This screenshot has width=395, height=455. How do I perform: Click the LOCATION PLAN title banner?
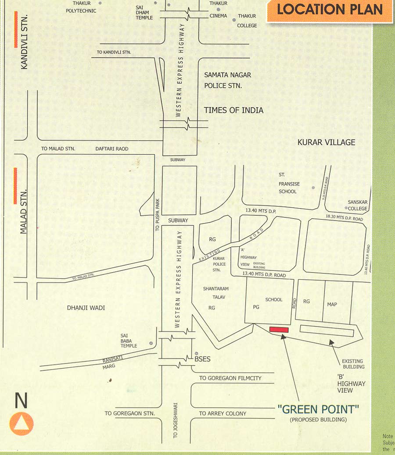pyautogui.click(x=330, y=10)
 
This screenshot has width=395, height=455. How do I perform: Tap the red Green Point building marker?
pyautogui.click(x=279, y=330)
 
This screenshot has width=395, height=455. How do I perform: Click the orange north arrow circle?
pyautogui.click(x=21, y=423)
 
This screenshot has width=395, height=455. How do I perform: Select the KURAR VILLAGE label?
pyautogui.click(x=326, y=142)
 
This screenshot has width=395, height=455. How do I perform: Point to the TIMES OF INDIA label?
pyautogui.click(x=233, y=110)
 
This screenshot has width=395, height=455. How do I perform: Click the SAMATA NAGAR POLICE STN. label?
pyautogui.click(x=227, y=80)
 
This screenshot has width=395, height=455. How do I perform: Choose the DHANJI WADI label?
pyautogui.click(x=86, y=308)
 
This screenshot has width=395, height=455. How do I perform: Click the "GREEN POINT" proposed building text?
pyautogui.click(x=318, y=409)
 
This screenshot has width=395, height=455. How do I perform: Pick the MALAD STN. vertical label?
pyautogui.click(x=24, y=211)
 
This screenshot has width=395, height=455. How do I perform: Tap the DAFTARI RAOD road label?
pyautogui.click(x=112, y=149)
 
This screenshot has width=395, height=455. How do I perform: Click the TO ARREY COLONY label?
pyautogui.click(x=223, y=413)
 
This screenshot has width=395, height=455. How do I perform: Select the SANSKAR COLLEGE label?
pyautogui.click(x=357, y=205)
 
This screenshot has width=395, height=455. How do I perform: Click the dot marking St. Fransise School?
pyautogui.click(x=313, y=188)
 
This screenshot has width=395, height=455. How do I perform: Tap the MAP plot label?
pyautogui.click(x=332, y=304)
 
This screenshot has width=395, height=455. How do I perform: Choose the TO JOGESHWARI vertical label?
pyautogui.click(x=176, y=420)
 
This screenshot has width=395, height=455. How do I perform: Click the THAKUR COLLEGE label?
pyautogui.click(x=247, y=21)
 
